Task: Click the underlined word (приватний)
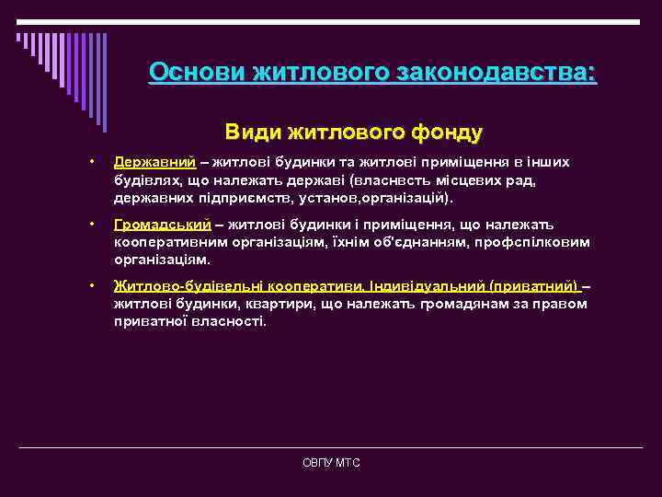point(534,287)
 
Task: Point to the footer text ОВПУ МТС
point(331,463)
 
